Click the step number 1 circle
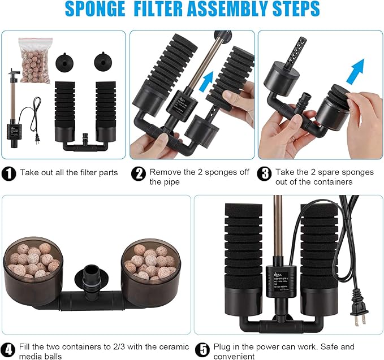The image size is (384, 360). [x=9, y=172]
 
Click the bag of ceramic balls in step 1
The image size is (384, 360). [x=35, y=60]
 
